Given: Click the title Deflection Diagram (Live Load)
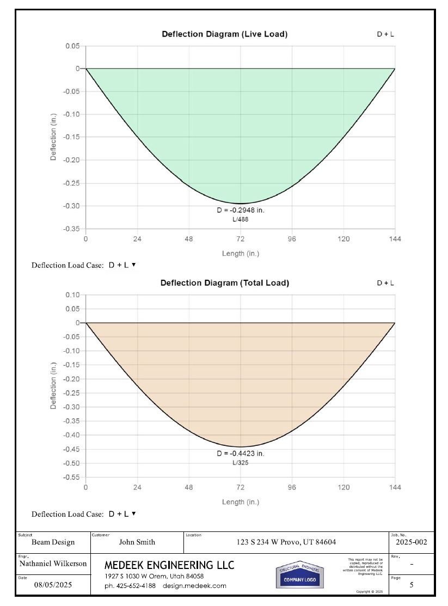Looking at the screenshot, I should coord(224,34).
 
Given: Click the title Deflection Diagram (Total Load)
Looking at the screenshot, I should coord(224,283).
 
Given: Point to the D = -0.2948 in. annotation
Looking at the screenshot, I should coord(240,210).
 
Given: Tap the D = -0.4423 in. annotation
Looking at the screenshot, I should coord(240,454).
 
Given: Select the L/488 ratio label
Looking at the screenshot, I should coord(240,219).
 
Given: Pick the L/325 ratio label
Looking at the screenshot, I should coord(240,462).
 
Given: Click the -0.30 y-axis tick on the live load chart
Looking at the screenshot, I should coord(72,206).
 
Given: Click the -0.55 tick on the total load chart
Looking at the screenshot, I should coord(72,477).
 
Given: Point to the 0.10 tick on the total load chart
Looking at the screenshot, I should coord(73,295).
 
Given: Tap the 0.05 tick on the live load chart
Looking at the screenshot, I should coord(73,46).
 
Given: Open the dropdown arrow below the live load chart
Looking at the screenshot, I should coord(133,265).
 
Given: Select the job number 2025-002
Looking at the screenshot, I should coord(412,542).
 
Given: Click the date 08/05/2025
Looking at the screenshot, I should coord(53,586).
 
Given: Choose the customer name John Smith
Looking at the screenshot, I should coord(137,542).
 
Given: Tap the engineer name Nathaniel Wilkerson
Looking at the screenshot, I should coord(53,564).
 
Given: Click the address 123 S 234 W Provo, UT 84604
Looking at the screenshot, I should coord(286,542).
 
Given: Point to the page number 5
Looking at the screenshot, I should coord(412,585).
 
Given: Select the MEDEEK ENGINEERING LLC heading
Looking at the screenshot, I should coord(169,566).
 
